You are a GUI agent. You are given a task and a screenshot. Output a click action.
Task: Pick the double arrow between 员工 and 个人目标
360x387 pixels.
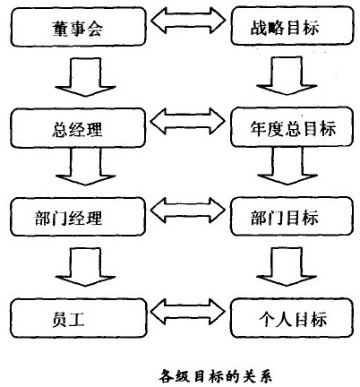coord(182,315)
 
